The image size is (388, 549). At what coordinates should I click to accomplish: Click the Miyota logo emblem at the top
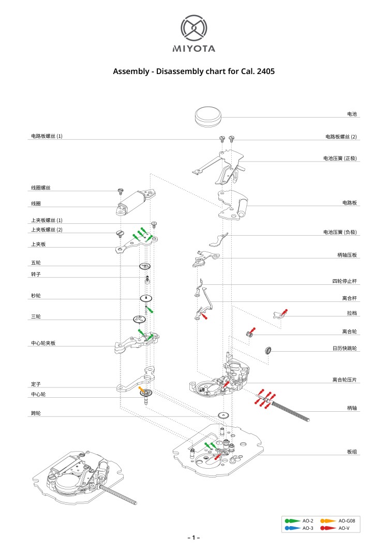coord(194,28)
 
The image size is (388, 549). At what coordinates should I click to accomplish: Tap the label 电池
coord(352,113)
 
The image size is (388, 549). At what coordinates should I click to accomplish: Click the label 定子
coord(36,384)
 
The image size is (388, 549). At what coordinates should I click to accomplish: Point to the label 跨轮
coord(36,413)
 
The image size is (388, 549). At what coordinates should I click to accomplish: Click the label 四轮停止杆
coord(345,281)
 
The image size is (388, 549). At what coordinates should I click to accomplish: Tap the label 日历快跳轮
coord(345,348)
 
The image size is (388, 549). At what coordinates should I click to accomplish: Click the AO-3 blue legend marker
coord(291,528)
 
